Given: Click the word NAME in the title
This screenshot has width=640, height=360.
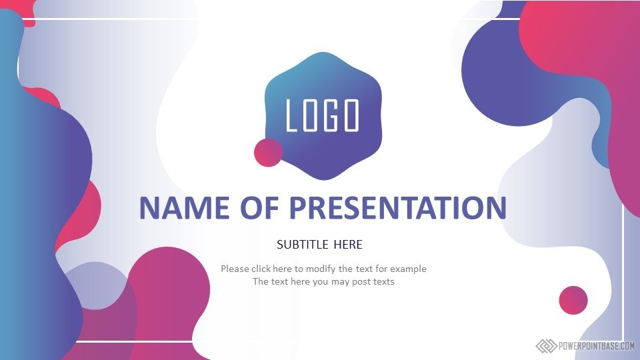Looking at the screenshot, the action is click(185, 208).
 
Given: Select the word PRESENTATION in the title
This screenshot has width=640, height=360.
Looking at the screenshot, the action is click(397, 208).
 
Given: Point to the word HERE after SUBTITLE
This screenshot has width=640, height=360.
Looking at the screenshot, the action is click(348, 245).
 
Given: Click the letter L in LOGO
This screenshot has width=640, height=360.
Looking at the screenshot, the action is click(292, 115).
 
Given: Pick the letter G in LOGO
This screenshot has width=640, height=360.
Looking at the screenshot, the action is click(331, 115).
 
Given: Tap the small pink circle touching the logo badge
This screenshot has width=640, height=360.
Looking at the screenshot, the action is click(268, 153).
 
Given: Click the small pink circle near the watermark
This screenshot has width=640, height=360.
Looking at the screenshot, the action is click(573, 300).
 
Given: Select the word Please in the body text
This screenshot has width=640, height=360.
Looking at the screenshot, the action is click(235, 269).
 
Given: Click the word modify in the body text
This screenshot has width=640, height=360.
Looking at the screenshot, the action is click(321, 269).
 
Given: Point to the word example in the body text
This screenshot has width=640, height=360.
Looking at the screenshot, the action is click(408, 269).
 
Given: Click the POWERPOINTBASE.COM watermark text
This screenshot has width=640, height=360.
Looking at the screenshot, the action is click(596, 346).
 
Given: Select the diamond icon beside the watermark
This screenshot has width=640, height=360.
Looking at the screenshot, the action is click(546, 346).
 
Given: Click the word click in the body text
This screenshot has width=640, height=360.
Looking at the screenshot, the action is click(261, 269).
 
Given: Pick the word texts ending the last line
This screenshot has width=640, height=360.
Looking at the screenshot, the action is click(383, 281).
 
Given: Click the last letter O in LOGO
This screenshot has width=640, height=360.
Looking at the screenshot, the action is click(351, 115).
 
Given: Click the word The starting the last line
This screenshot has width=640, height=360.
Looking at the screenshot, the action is click(259, 281).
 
